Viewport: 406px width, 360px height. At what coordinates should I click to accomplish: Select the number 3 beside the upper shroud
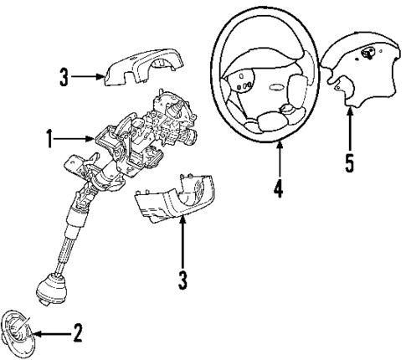click(63, 78)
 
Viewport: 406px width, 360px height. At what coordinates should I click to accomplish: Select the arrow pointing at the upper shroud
click(88, 78)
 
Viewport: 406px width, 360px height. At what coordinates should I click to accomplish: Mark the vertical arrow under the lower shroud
click(182, 243)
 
